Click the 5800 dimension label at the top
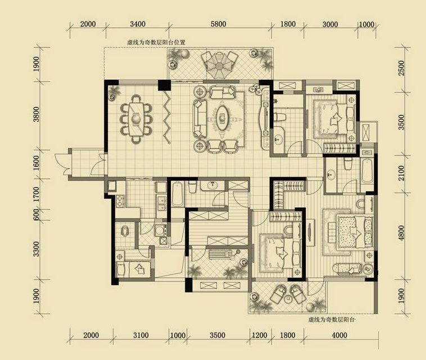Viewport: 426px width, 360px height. point(219,24)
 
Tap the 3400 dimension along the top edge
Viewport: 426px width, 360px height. point(138,24)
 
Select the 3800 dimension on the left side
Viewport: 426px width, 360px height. point(36,114)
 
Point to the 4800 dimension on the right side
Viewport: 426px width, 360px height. point(401,233)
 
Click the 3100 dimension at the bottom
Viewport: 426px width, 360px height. point(141,335)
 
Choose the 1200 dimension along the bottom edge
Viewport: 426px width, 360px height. point(260,335)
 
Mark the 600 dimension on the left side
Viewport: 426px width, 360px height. point(36,215)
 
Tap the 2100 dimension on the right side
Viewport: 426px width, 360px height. point(401,173)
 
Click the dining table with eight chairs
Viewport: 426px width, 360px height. point(136,119)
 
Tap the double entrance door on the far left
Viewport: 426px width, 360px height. point(63,164)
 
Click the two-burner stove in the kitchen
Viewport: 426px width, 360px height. point(120,201)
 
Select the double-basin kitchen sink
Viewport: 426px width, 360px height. point(162,203)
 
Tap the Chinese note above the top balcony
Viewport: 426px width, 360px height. point(156,42)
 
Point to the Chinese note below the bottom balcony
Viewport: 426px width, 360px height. point(332,319)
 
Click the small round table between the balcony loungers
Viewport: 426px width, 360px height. point(287,299)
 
